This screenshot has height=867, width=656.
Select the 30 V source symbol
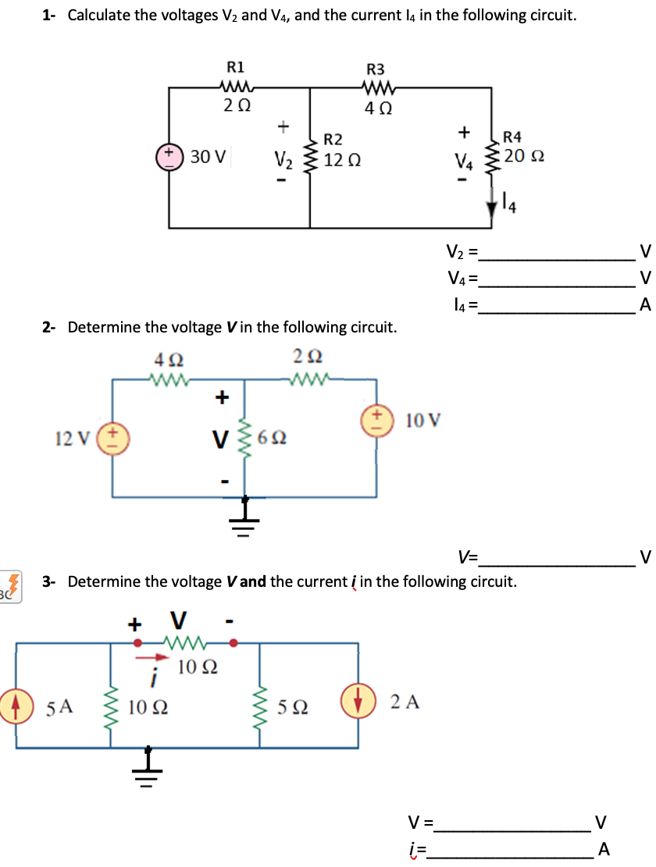[x=169, y=156]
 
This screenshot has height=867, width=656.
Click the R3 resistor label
[x=375, y=69]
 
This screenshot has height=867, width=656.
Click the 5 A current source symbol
[x=16, y=706]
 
